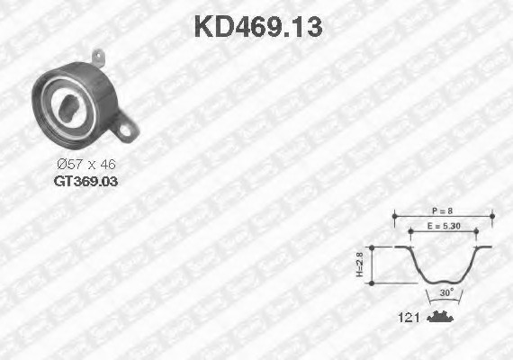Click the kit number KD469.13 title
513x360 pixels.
[258, 27]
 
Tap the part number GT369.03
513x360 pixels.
[85, 181]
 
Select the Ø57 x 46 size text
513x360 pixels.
[86, 165]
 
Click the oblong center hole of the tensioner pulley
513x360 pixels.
[67, 108]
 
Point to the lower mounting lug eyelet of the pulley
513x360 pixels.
[126, 130]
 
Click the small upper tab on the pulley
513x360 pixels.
[98, 58]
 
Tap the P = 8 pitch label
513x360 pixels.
[442, 211]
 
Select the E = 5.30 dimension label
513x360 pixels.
[444, 226]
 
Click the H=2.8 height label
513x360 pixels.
[360, 265]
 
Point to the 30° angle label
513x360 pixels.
[446, 292]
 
